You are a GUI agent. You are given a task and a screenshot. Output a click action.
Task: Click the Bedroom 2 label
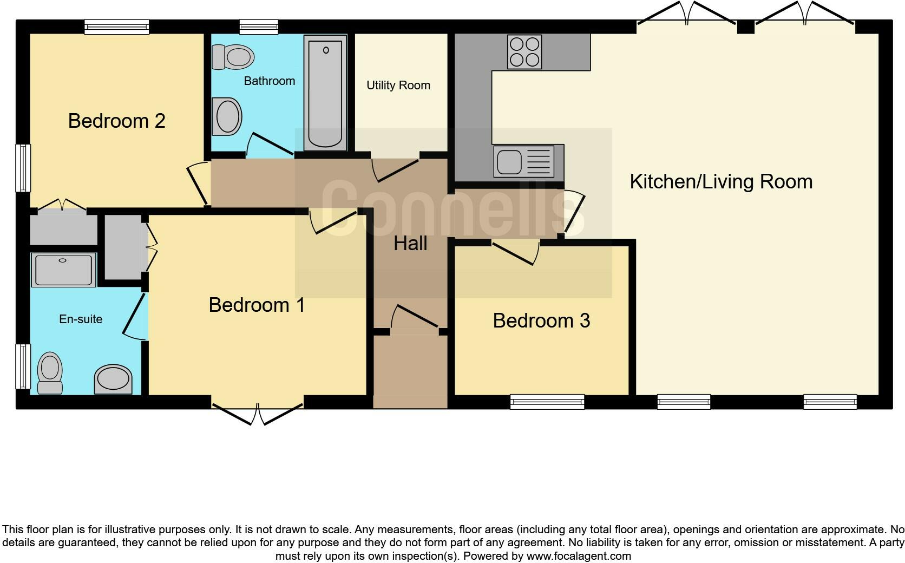116,121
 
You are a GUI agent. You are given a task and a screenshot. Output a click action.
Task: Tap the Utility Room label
398,85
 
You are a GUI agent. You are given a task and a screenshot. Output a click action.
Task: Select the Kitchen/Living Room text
720,181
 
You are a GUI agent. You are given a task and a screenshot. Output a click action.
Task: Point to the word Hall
410,244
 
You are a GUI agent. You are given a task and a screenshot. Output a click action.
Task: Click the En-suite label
81,319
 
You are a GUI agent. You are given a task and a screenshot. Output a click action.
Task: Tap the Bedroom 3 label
541,320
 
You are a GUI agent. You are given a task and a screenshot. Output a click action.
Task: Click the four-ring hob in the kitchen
524,51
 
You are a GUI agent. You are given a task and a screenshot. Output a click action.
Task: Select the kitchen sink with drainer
528,161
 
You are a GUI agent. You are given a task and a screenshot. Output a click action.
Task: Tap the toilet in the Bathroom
234,56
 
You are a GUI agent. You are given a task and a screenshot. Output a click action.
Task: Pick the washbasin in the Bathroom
227,116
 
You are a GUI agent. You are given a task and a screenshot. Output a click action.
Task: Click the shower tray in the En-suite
63,270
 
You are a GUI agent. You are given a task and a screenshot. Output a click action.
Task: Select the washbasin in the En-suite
113,378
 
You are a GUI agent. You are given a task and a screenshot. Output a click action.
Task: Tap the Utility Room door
395,169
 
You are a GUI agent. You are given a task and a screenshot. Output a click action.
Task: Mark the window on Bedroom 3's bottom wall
547,401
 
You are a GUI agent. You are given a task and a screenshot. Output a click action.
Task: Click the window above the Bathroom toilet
259,27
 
